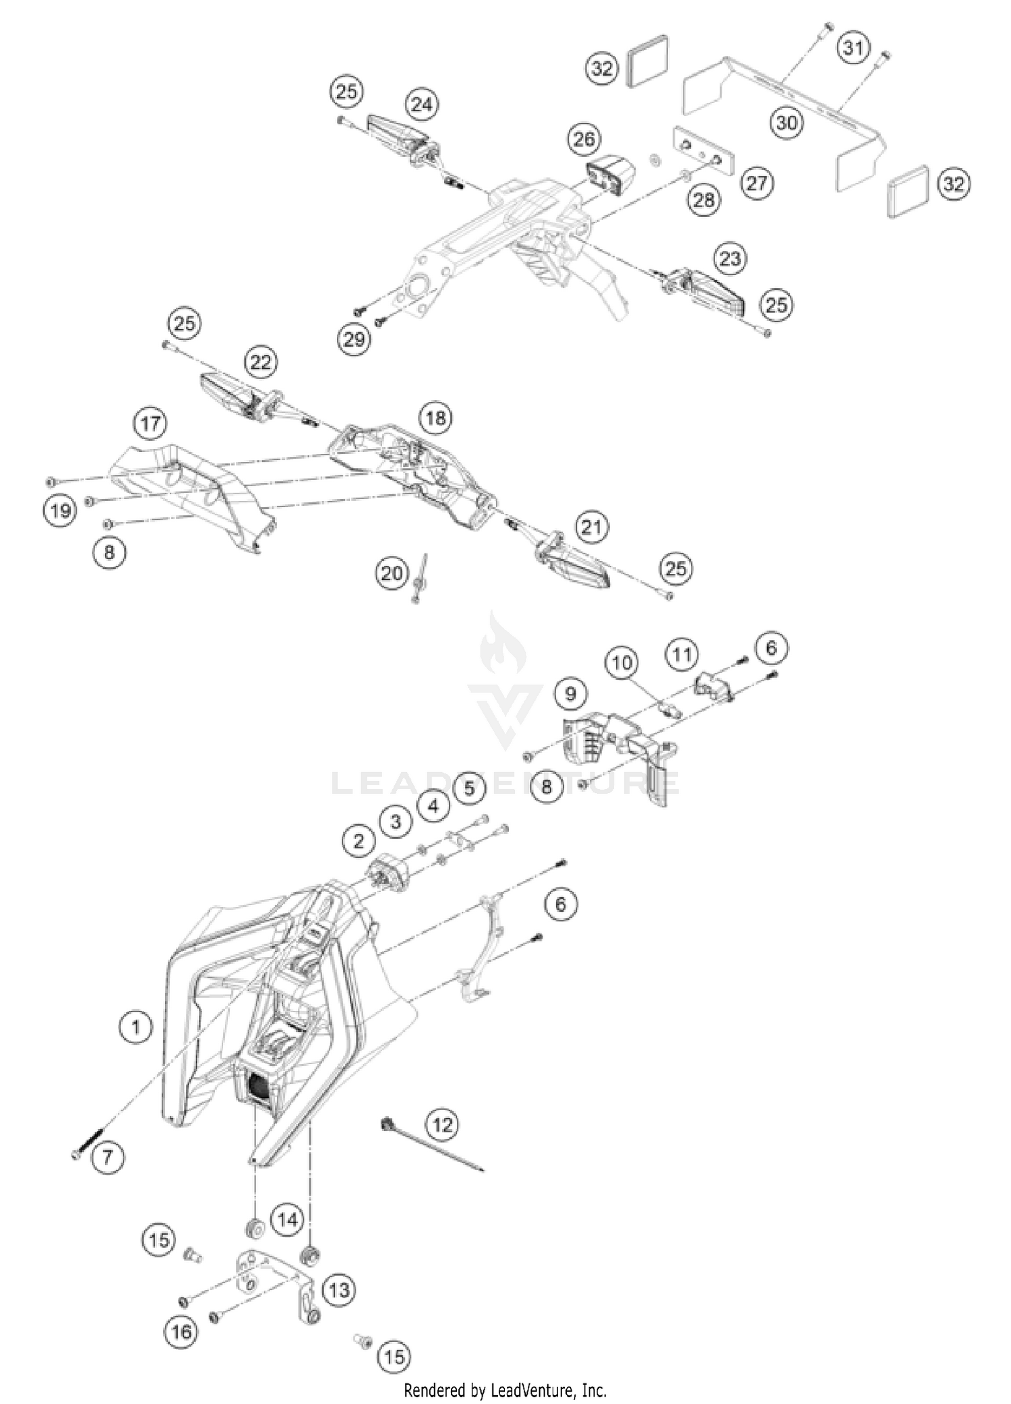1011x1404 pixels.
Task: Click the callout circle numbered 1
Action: point(135,1028)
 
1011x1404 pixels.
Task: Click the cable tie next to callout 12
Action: point(431,1146)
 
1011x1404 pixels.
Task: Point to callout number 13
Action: point(339,1289)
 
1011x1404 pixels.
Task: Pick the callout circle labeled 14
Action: point(288,1219)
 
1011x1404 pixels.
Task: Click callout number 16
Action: point(181,1331)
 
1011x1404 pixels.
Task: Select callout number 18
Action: point(435,417)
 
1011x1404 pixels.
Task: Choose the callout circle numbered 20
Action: point(392,573)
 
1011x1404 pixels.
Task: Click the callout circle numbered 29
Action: point(354,339)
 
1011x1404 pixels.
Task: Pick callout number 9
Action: point(571,693)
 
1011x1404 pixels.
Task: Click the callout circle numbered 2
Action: point(358,840)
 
